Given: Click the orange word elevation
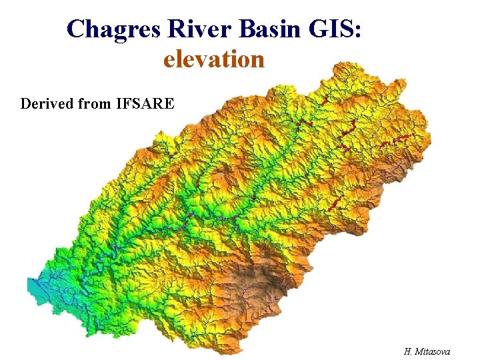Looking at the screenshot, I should (x=214, y=60).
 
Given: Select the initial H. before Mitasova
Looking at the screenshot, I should (x=408, y=351).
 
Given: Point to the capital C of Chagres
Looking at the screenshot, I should (x=76, y=29).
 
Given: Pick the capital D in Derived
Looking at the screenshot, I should (x=25, y=104).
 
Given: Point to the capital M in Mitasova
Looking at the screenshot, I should (x=418, y=351).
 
